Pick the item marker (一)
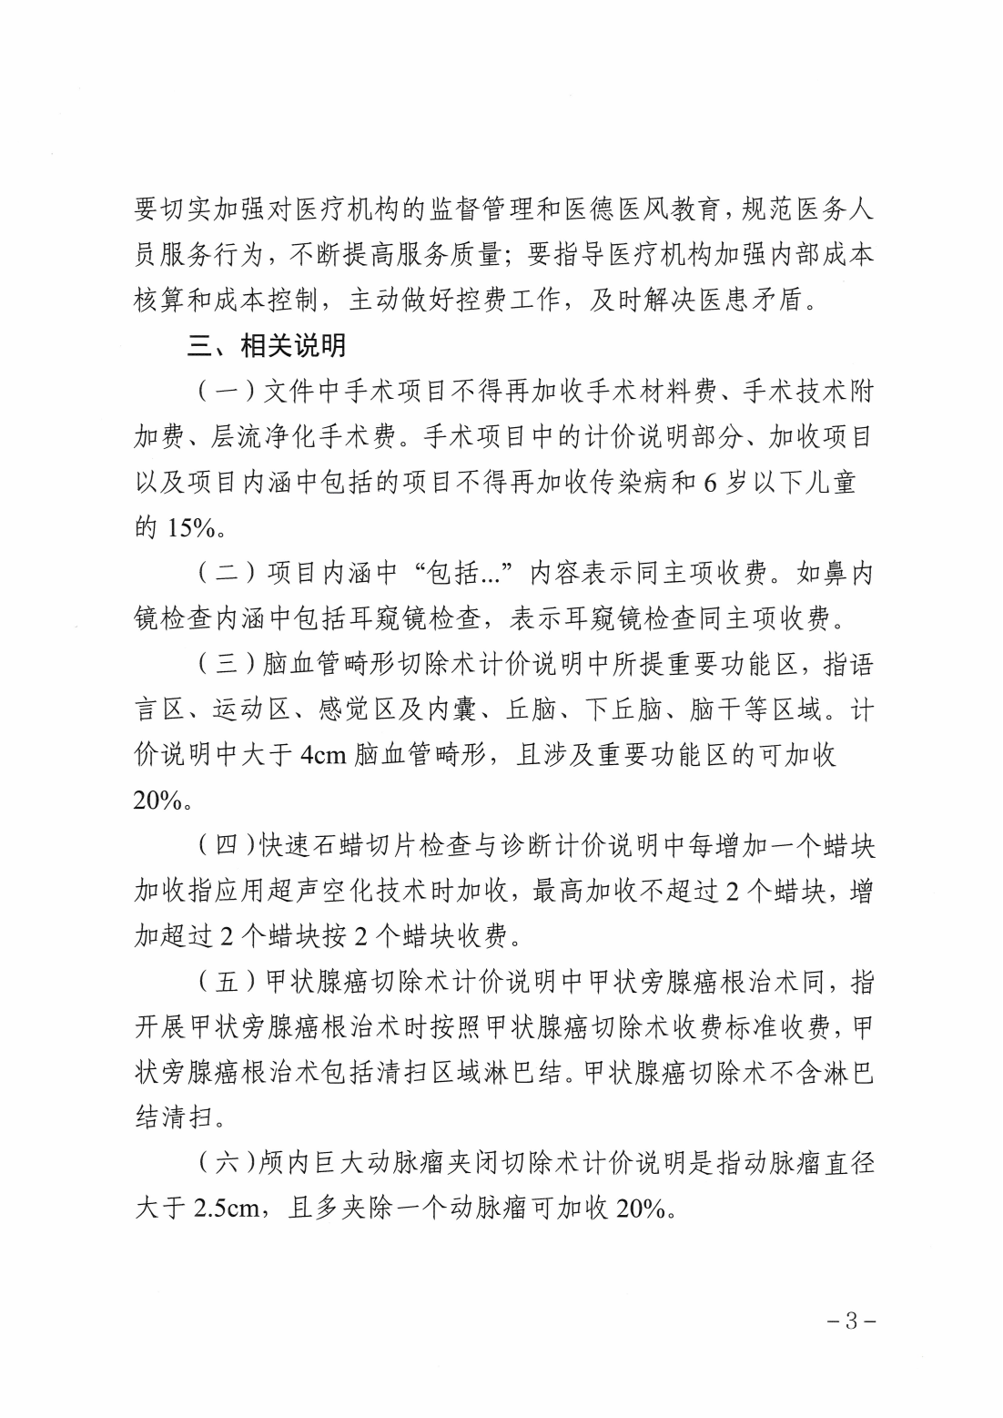point(224,393)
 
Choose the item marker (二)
point(224,574)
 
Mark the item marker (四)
point(224,847)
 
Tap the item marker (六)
point(224,1165)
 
